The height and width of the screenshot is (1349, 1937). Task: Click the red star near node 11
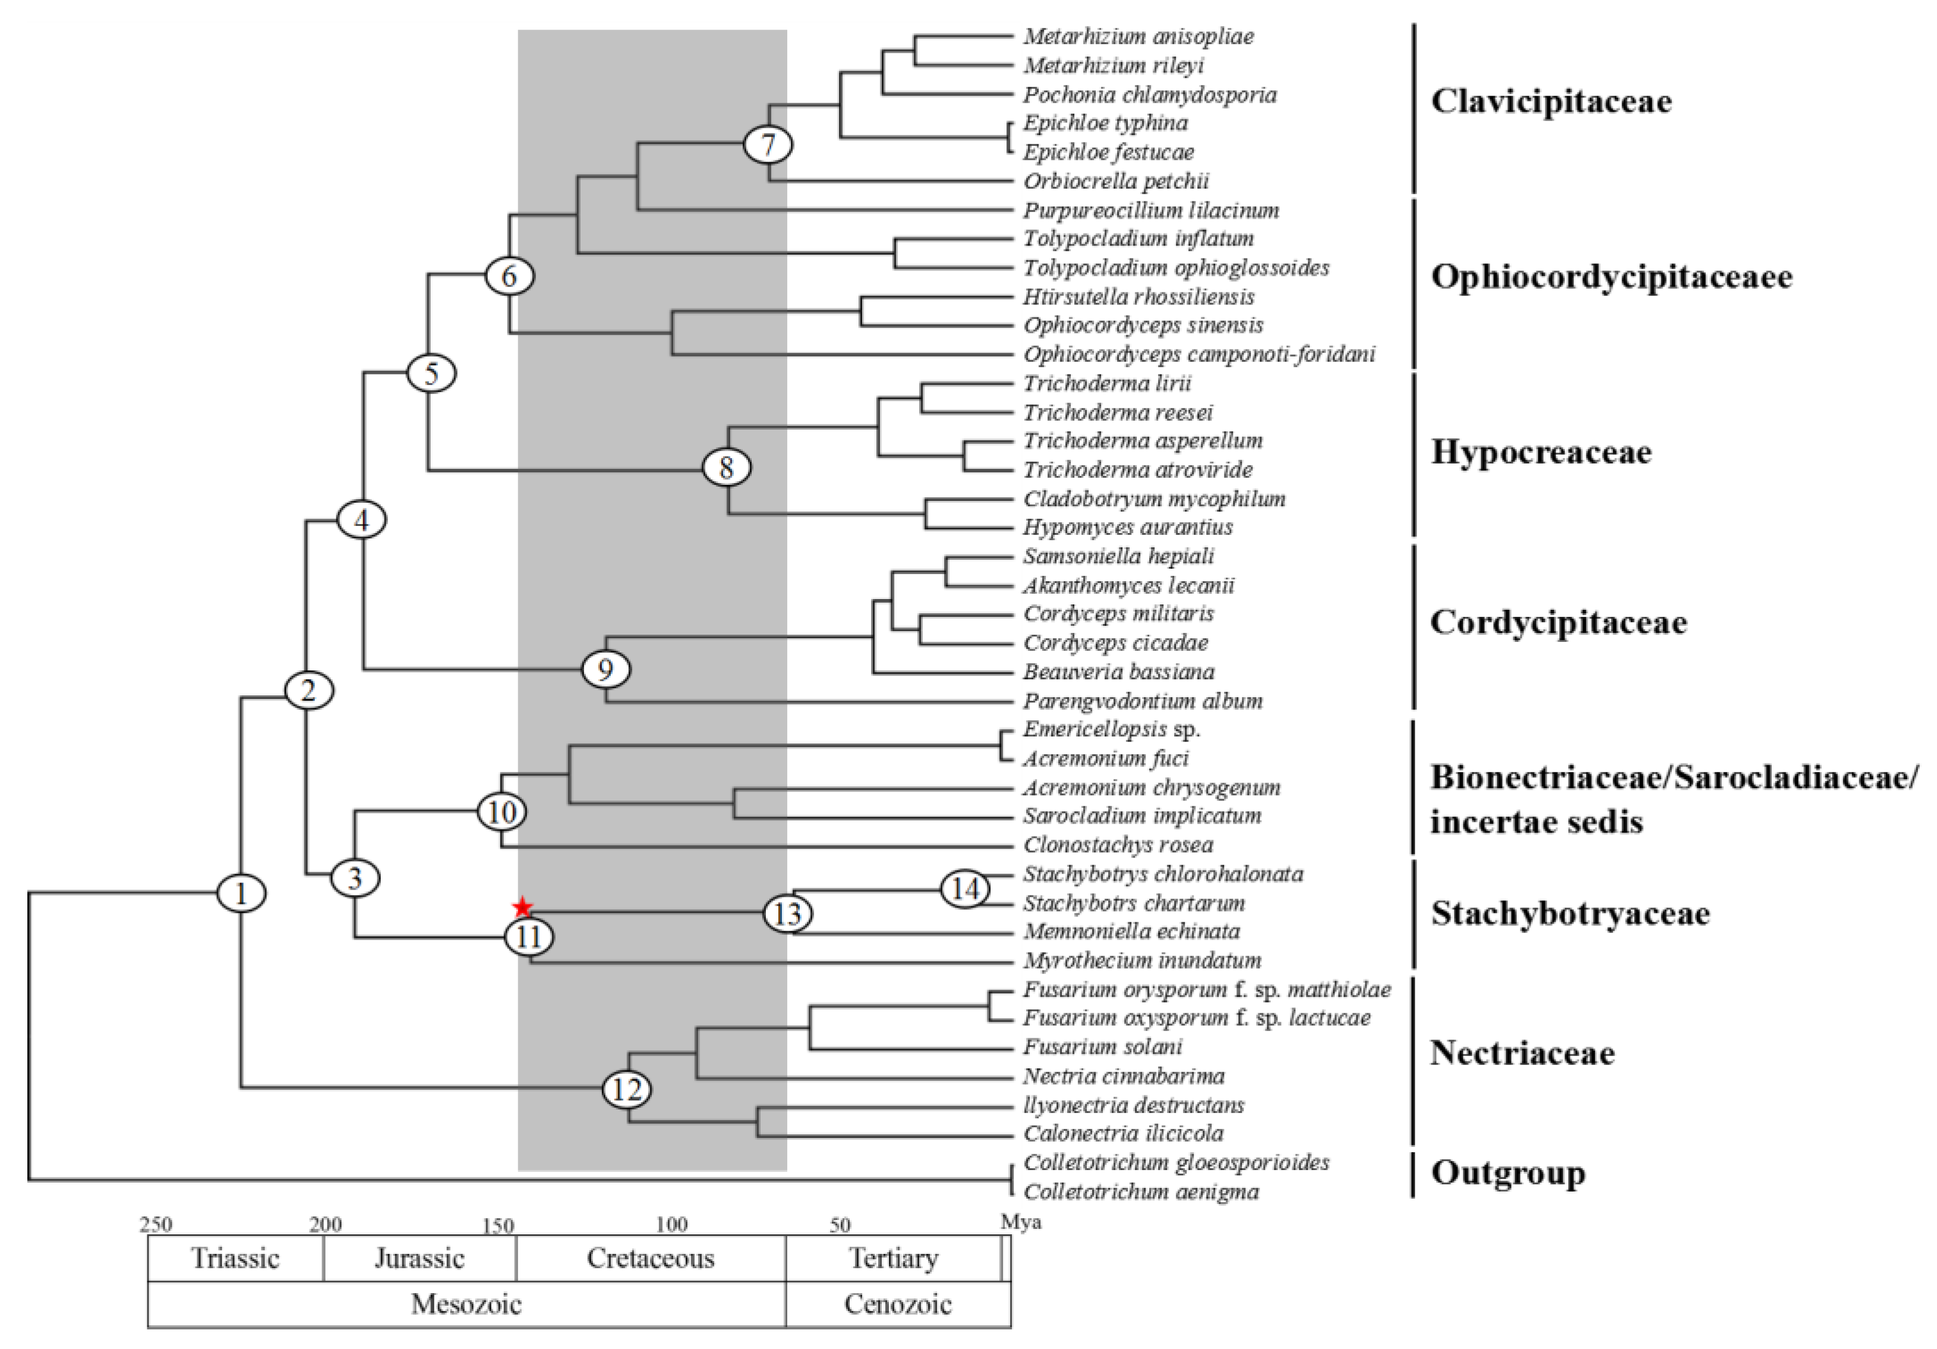tap(523, 908)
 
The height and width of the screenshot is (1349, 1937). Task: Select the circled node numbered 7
tap(768, 144)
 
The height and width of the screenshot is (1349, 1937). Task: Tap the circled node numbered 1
tap(241, 893)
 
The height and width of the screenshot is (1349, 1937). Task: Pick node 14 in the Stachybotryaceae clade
tap(965, 888)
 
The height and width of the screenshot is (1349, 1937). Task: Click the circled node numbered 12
tap(627, 1090)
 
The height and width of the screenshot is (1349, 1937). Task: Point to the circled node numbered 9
tap(605, 669)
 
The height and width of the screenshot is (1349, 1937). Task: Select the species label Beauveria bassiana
tap(1119, 672)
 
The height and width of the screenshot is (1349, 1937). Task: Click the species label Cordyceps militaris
tap(1119, 613)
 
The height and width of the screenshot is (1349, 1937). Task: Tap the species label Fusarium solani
tap(1103, 1047)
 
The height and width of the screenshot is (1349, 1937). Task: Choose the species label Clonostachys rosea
tap(1118, 844)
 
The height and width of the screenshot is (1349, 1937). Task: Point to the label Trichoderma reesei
tap(1118, 412)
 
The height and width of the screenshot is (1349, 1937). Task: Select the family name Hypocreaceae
tap(1541, 452)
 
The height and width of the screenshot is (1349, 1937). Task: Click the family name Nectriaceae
tap(1522, 1053)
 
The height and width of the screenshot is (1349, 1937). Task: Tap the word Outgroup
tap(1507, 1173)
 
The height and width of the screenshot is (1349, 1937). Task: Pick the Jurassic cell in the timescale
tap(419, 1259)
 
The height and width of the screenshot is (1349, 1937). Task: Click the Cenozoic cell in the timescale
tap(898, 1304)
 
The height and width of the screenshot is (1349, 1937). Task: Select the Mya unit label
tap(1021, 1222)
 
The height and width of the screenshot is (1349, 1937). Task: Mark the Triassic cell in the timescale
tap(235, 1259)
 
